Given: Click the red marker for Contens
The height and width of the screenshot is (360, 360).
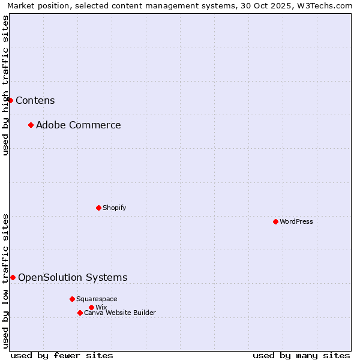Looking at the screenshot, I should [10, 100].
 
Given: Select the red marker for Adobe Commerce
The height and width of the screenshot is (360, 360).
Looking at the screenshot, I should [31, 125].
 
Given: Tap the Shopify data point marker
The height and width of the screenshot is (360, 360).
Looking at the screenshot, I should [98, 208].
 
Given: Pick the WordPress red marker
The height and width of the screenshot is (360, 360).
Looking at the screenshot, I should [275, 221].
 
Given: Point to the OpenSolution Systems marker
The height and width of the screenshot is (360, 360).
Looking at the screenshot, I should [13, 277].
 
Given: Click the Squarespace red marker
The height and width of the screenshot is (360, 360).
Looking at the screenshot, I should [72, 299].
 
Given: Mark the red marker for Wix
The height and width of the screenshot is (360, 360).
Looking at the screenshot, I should [91, 307].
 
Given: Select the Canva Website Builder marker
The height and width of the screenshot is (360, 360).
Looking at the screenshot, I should [80, 313].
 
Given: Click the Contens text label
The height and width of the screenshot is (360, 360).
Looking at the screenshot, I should [35, 100].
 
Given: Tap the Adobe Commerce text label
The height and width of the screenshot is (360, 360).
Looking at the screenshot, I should [79, 125].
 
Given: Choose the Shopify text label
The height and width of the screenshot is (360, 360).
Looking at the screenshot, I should [115, 208].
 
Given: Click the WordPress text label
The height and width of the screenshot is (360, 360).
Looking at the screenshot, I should [296, 221].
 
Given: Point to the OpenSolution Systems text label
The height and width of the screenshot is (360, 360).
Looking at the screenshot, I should [73, 277].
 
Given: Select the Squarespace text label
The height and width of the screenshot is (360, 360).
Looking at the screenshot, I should [97, 299].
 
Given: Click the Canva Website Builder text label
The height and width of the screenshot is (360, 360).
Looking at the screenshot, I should [120, 313].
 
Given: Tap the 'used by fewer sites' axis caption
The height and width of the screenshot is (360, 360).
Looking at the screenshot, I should [62, 355].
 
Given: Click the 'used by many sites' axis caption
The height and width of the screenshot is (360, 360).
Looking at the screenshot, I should [301, 355].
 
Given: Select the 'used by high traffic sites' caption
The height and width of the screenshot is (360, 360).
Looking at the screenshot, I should [5, 85].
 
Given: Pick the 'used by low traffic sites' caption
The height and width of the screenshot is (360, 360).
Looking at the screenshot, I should [5, 280].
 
